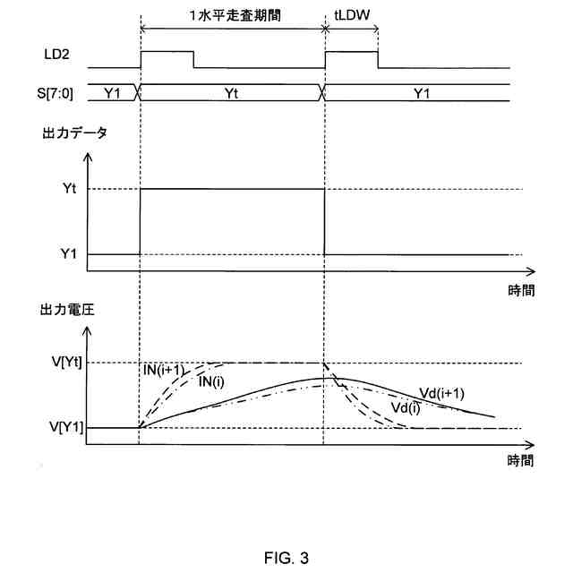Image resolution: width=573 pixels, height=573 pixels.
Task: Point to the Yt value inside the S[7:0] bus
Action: click(x=230, y=90)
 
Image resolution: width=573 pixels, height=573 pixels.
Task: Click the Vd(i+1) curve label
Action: click(x=441, y=392)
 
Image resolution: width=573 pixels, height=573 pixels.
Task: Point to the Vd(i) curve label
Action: click(x=408, y=408)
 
